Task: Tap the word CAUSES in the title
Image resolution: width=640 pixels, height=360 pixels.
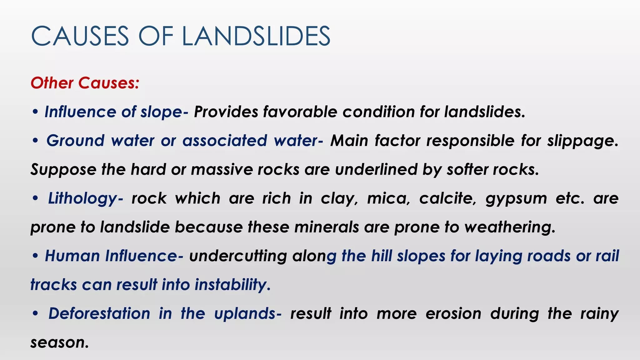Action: (x=80, y=36)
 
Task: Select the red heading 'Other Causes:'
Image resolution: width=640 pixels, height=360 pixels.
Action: (x=85, y=83)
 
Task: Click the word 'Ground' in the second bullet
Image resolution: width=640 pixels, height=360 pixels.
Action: (x=75, y=141)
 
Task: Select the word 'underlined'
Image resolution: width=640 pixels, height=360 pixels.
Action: (x=376, y=169)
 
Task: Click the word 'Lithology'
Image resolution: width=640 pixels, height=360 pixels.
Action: (x=83, y=199)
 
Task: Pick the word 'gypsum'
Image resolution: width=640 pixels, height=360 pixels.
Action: (x=516, y=199)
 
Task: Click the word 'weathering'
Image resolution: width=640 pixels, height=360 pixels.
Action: (x=510, y=227)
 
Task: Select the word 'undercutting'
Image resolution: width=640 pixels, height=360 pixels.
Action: (x=238, y=256)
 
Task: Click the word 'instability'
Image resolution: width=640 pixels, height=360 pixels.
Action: (x=232, y=285)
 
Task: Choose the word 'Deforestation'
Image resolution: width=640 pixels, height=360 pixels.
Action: (x=99, y=313)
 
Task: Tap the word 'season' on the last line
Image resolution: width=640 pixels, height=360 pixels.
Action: (x=58, y=342)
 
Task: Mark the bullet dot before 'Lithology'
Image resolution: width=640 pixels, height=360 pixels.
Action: (x=35, y=198)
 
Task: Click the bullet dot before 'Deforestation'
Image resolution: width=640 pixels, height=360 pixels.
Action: (x=35, y=313)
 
